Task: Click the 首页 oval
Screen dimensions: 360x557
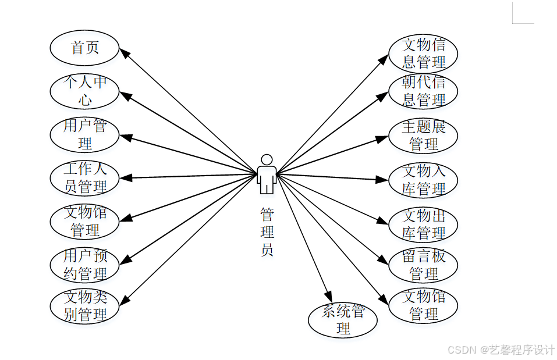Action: click(85, 48)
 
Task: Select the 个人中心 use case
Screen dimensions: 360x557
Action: click(85, 91)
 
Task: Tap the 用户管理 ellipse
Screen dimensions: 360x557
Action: click(85, 134)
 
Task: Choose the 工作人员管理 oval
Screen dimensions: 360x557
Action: click(85, 178)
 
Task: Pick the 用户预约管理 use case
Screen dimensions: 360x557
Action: click(85, 265)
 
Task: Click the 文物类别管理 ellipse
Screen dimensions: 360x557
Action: click(85, 306)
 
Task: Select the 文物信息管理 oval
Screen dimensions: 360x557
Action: click(424, 54)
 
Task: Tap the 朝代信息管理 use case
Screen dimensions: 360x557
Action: click(424, 91)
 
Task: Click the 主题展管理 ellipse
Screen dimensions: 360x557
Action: click(424, 135)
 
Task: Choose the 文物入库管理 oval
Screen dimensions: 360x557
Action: click(424, 180)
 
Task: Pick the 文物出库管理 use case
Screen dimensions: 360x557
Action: click(424, 224)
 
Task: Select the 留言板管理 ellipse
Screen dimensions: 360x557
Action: click(424, 265)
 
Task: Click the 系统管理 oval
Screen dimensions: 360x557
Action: click(343, 320)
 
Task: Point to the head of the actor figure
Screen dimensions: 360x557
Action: click(267, 160)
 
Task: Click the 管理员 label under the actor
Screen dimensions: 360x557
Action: click(267, 232)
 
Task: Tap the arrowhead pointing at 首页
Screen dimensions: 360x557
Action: click(125, 53)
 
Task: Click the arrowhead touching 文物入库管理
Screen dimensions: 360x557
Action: click(382, 180)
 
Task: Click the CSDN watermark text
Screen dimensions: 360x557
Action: click(501, 350)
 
